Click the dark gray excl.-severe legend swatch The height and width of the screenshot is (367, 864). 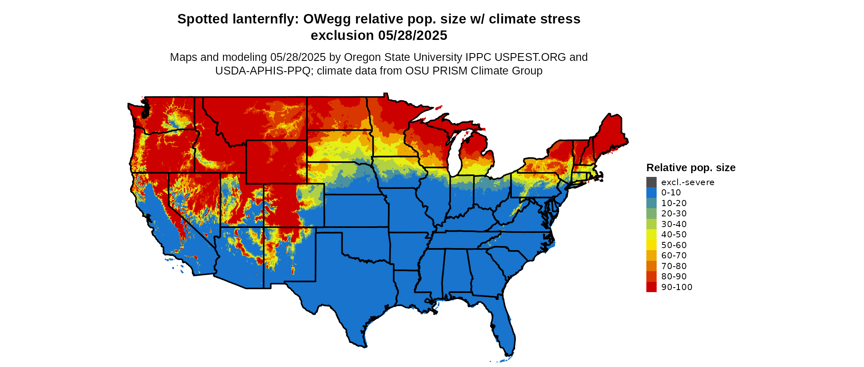tap(651, 182)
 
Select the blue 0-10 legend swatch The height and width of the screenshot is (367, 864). tap(651, 193)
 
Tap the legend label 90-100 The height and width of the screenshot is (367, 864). tap(677, 287)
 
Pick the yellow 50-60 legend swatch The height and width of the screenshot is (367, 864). tap(651, 245)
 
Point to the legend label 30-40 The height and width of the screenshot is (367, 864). tap(674, 224)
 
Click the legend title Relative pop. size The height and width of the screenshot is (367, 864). tap(691, 168)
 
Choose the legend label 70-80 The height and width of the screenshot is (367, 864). tap(674, 266)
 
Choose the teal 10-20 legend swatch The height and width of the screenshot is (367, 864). tap(651, 203)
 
